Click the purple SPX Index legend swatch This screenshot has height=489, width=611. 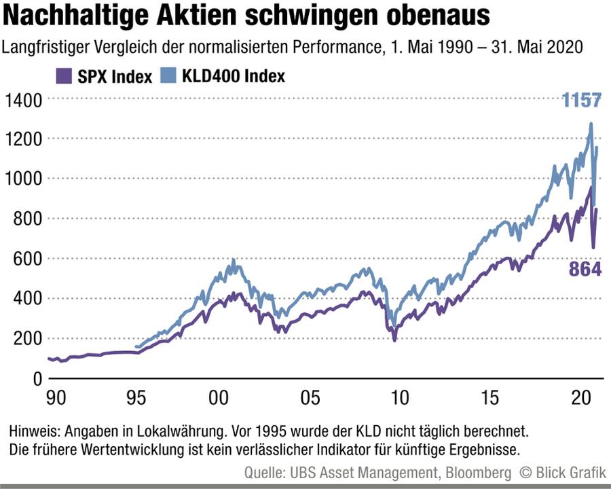coord(64,75)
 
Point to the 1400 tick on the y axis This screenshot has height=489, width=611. coord(23,100)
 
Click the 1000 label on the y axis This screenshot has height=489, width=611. coord(23,179)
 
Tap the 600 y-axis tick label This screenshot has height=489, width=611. coord(27,259)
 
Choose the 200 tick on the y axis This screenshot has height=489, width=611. coord(27,338)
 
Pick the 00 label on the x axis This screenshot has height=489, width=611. coord(217,397)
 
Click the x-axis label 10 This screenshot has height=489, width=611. coord(401,397)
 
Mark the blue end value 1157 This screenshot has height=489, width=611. coord(581,101)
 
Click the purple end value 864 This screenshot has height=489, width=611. coord(585,269)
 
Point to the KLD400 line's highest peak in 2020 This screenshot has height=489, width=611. coord(591,124)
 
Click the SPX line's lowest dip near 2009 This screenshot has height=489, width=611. coord(394,340)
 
